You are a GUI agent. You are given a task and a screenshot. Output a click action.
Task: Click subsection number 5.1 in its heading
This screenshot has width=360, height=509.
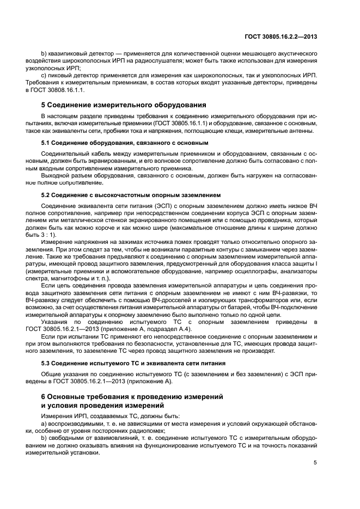(46, 143)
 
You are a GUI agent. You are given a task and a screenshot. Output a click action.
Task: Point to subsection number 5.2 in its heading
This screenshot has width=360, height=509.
(46, 194)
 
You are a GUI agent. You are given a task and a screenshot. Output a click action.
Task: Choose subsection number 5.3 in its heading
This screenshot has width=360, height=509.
(46, 362)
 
